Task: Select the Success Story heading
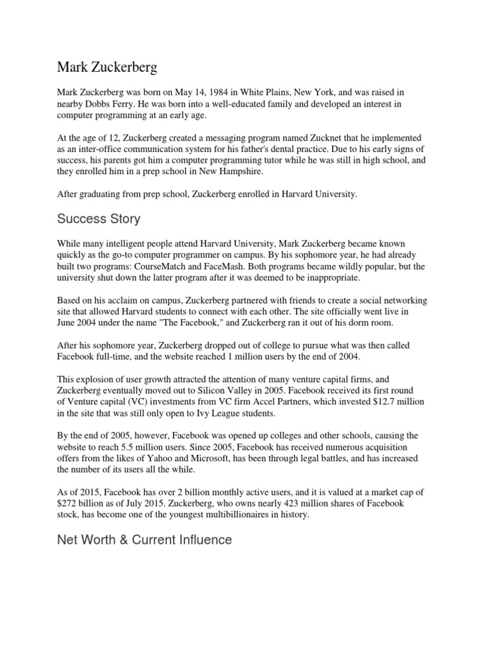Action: click(99, 219)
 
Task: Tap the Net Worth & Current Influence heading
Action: click(145, 539)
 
